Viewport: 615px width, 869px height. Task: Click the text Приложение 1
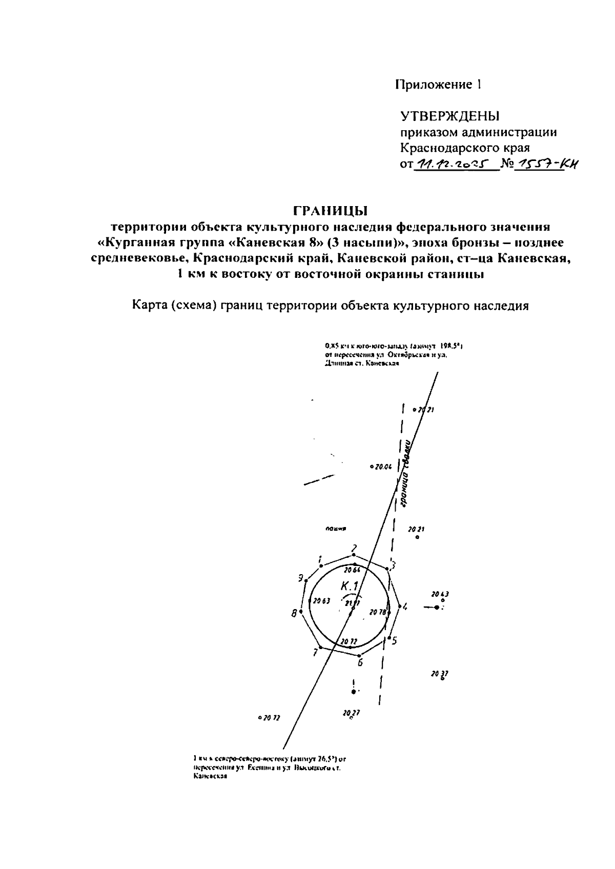(438, 85)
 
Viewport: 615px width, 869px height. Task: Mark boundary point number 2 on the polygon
(353, 555)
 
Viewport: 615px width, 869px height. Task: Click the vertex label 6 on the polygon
(360, 662)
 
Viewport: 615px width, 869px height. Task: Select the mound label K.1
(352, 585)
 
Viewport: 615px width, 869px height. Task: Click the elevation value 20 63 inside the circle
(322, 601)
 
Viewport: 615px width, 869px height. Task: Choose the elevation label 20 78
(378, 612)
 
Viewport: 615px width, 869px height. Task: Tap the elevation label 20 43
(440, 595)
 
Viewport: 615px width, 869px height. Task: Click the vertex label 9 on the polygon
(301, 578)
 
